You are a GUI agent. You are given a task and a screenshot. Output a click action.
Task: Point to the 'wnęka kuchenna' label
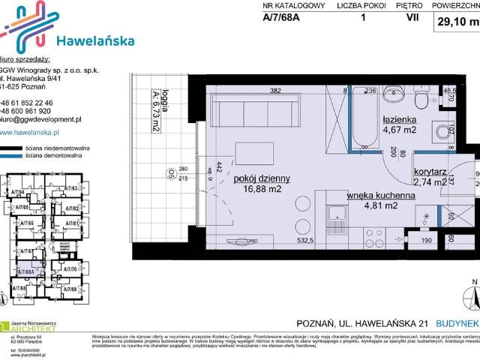[381, 196]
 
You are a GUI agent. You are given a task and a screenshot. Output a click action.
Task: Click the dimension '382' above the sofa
[274, 91]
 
